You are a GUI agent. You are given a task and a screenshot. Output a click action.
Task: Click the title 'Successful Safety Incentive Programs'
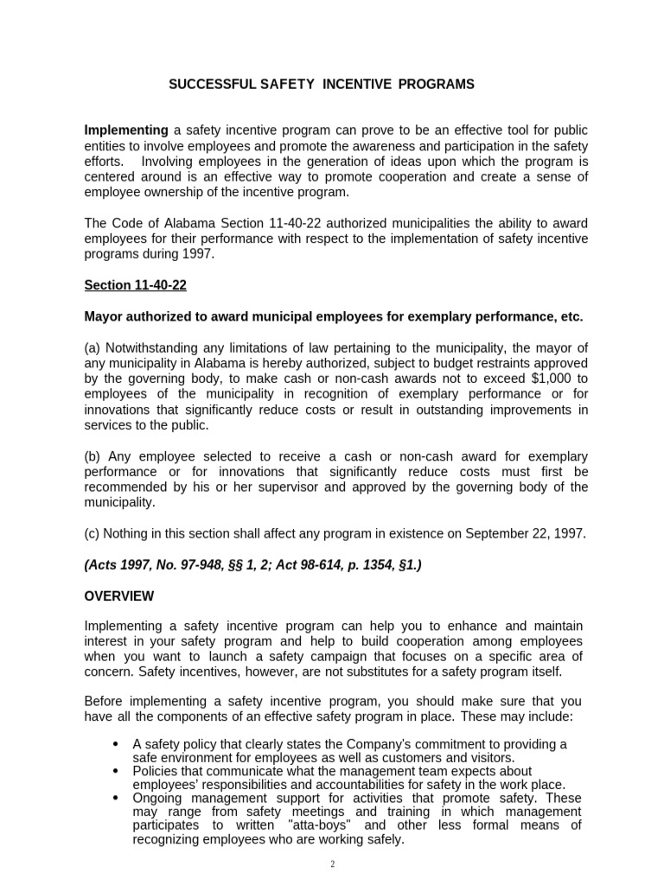click(x=321, y=85)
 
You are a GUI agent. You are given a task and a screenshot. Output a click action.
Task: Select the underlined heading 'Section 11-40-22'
click(x=135, y=285)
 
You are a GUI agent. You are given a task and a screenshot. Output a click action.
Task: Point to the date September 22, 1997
click(x=525, y=533)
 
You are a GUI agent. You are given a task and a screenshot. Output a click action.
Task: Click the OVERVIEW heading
click(x=119, y=596)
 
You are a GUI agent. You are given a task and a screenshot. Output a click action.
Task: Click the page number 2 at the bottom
click(x=332, y=863)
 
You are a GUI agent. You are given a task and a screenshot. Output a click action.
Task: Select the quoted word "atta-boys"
click(x=324, y=825)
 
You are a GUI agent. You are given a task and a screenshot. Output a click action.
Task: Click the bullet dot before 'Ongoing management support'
click(x=117, y=798)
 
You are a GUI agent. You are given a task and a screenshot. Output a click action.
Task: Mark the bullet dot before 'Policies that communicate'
click(x=117, y=771)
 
